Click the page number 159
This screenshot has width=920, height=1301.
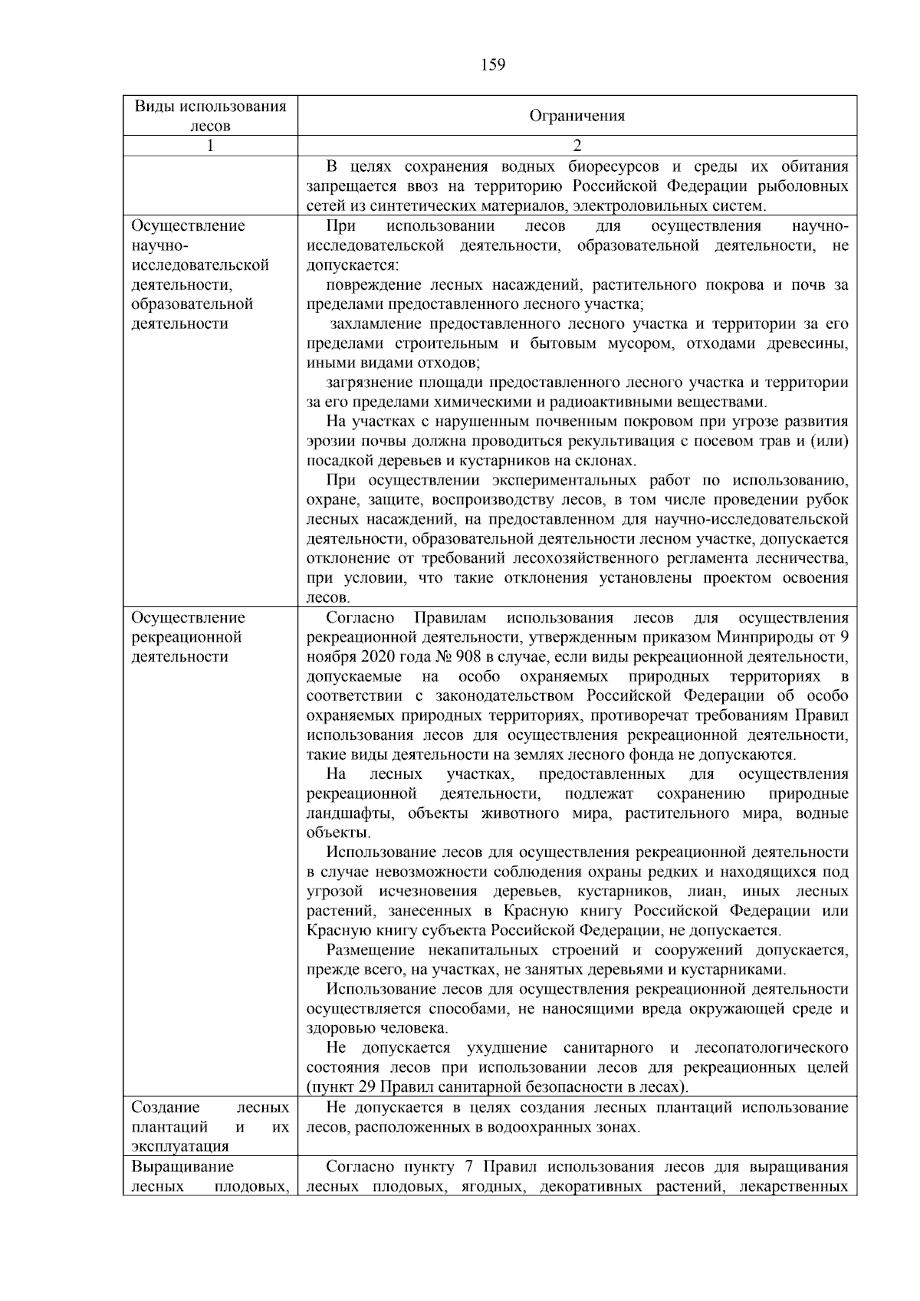pyautogui.click(x=493, y=65)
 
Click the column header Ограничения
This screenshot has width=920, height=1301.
pyautogui.click(x=577, y=117)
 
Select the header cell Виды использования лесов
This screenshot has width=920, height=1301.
pyautogui.click(x=210, y=116)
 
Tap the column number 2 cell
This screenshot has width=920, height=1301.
pyautogui.click(x=577, y=146)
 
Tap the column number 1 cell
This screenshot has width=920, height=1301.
pyautogui.click(x=210, y=146)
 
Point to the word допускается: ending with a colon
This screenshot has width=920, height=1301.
pyautogui.click(x=352, y=265)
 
